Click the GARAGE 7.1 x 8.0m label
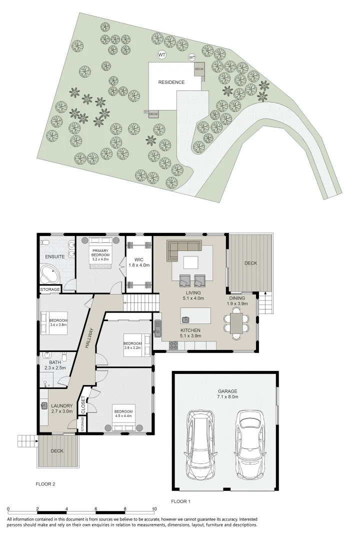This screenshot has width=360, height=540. coord(227,393)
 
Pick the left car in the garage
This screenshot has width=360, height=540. coord(198,445)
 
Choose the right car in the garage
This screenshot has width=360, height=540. coord(248,444)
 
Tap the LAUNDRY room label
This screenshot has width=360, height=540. coord(62,408)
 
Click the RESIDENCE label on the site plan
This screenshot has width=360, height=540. coord(171,82)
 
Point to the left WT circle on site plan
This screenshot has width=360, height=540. coord(161,54)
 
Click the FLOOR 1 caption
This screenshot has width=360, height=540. coord(181,501)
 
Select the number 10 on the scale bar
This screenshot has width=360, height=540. coord(154,509)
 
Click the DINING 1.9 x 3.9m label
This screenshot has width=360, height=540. coord(237,301)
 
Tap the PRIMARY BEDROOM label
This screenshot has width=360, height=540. coord(100,254)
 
